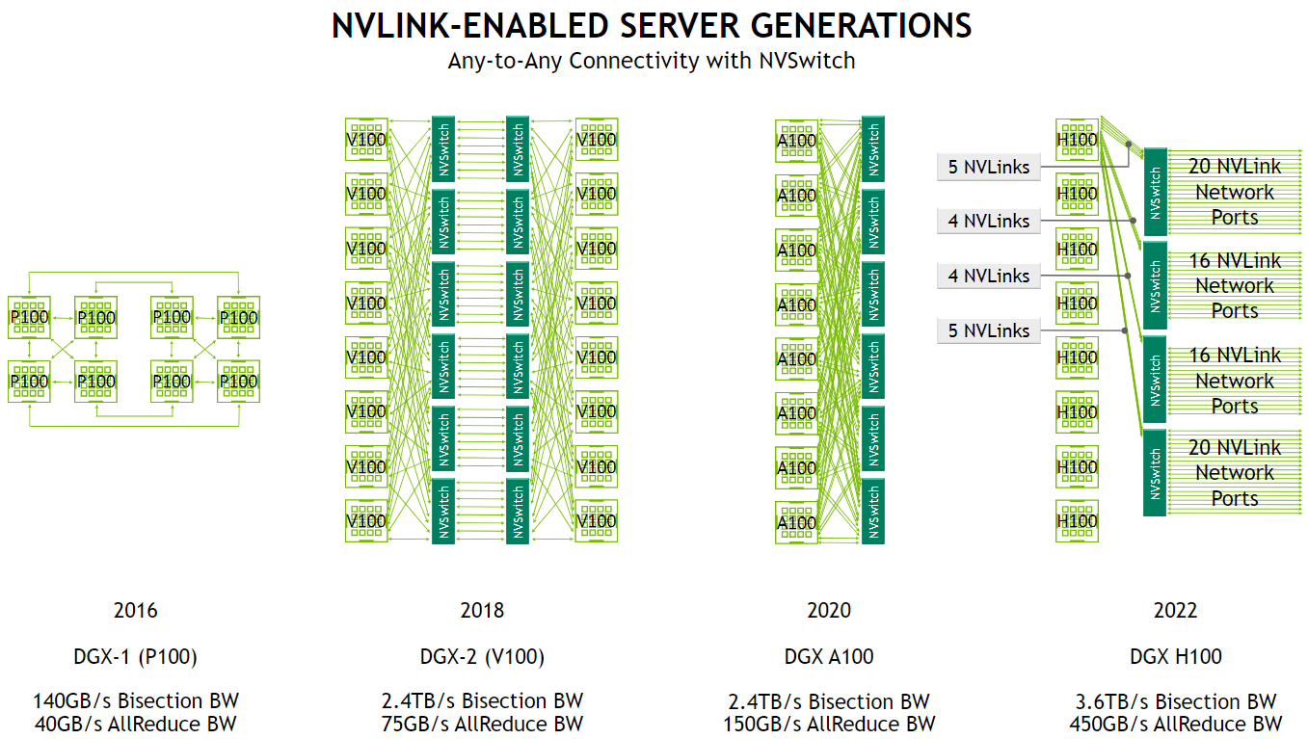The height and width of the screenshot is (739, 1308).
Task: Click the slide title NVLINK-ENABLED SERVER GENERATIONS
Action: coord(652,25)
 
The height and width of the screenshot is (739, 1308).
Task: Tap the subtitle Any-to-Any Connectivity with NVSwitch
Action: coord(652,61)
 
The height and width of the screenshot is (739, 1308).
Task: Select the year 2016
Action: coord(135,610)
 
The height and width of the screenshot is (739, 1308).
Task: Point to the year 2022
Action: coord(1175,610)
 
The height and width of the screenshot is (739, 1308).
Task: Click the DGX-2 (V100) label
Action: coord(482,657)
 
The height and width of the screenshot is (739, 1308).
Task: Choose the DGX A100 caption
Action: coord(829,657)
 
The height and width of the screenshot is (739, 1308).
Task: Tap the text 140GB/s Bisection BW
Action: coord(135,700)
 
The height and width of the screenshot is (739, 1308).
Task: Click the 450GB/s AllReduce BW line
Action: coord(1175,725)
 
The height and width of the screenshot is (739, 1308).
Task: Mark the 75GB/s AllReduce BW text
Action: coord(482,725)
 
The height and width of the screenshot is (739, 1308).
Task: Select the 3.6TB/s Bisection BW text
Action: coord(1175,701)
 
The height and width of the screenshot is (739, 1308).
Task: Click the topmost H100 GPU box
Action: coord(1077,140)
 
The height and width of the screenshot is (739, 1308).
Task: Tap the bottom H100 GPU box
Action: coord(1077,521)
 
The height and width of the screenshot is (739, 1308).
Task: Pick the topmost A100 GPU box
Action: coord(797,141)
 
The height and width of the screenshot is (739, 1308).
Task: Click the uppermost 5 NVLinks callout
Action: coord(989,167)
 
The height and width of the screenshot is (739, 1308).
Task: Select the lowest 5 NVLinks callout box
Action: coord(989,330)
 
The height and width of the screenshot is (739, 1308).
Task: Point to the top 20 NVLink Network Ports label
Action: coord(1234,192)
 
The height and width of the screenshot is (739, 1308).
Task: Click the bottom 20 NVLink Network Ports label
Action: coord(1234,473)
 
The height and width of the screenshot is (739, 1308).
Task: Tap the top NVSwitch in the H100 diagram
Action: coord(1155,192)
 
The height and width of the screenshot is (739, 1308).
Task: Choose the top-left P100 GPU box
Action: coord(29,317)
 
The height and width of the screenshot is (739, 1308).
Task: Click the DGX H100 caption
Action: coord(1175,657)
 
